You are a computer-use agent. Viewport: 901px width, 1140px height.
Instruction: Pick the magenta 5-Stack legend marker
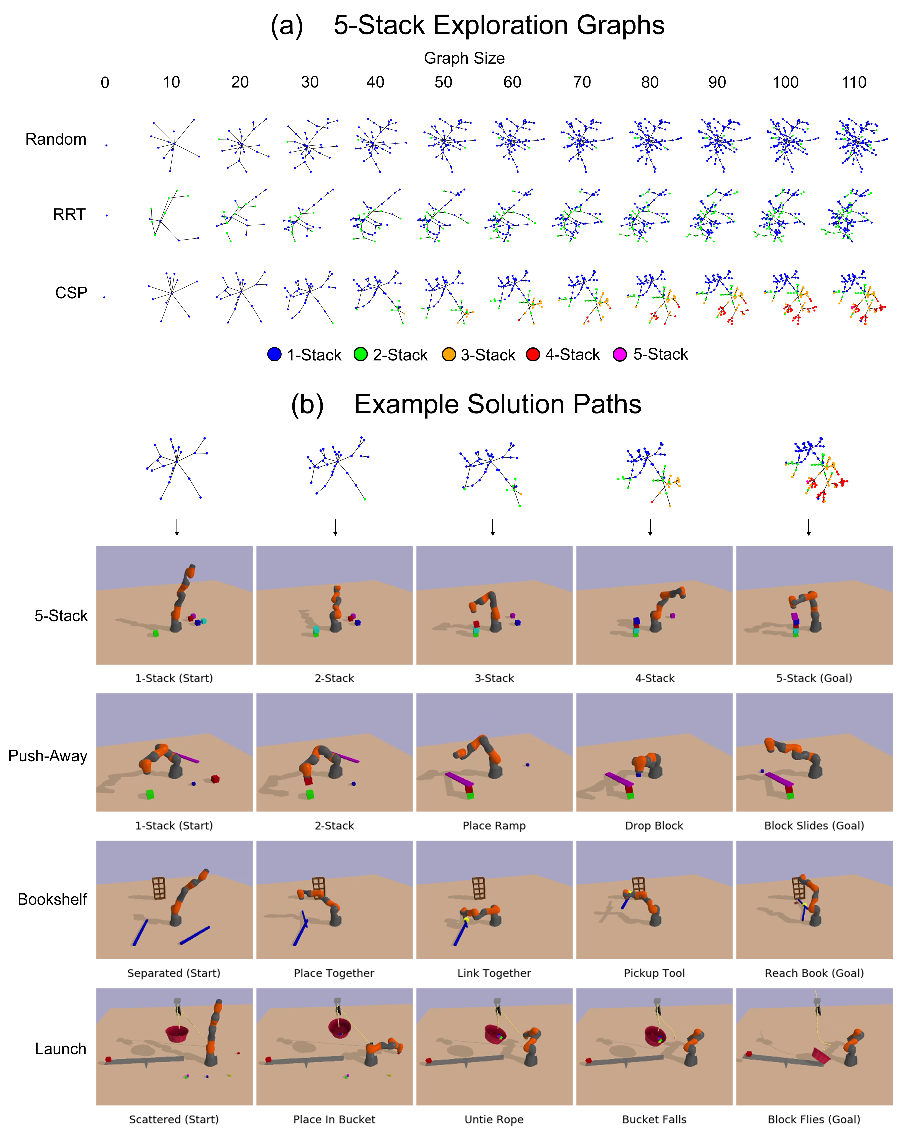620,355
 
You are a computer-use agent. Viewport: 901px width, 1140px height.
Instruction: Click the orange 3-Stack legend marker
448,355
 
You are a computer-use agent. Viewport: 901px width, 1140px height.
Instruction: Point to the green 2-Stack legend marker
360,355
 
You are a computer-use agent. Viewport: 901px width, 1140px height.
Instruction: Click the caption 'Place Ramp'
494,826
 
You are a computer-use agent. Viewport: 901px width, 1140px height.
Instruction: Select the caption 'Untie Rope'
494,1119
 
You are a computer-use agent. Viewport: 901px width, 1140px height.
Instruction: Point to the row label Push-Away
48,756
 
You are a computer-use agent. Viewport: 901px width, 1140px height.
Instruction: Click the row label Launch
61,1049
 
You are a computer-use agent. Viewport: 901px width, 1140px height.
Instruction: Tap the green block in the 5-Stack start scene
155,633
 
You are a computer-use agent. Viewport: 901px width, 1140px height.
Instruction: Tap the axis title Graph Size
464,58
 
